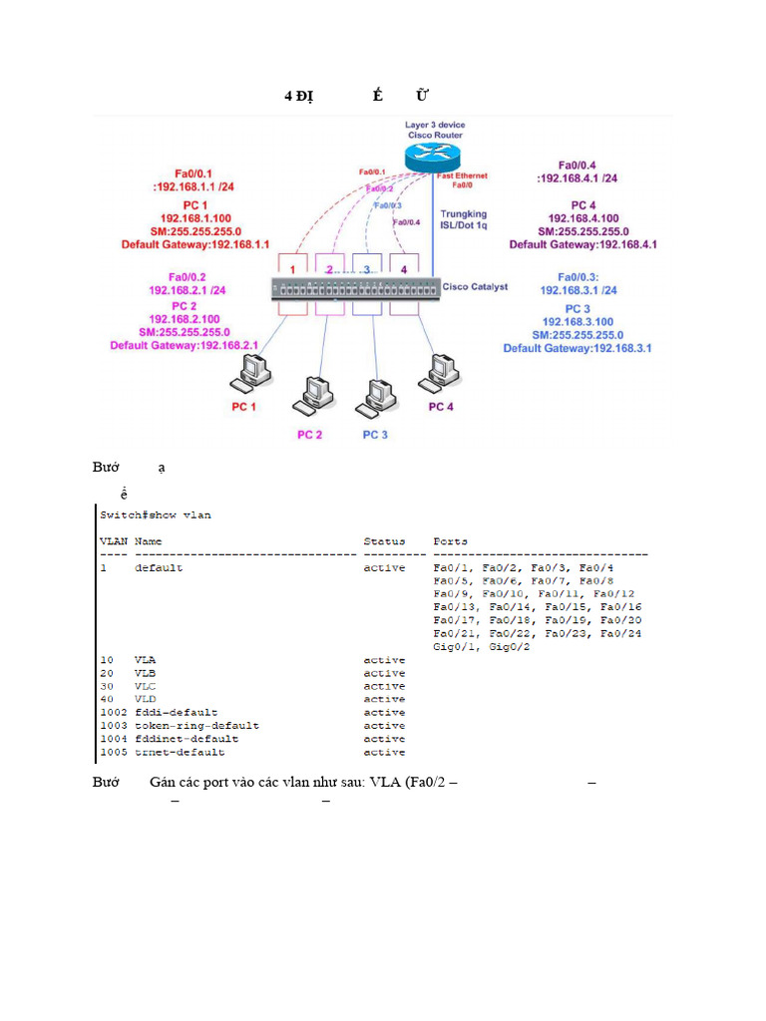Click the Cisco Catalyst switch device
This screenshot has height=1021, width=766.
click(x=356, y=288)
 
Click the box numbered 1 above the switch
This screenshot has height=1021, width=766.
click(x=293, y=268)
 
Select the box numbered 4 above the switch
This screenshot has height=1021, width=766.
click(x=404, y=268)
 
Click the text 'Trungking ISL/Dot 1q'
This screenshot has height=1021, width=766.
click(x=464, y=219)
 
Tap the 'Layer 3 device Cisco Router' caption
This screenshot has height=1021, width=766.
click(x=434, y=130)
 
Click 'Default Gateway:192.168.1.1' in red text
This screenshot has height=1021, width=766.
click(x=195, y=244)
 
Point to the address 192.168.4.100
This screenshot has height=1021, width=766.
click(x=583, y=218)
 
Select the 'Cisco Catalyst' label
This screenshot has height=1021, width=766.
click(x=475, y=287)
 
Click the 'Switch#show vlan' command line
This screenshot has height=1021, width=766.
click(x=156, y=515)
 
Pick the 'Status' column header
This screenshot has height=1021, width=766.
click(x=384, y=541)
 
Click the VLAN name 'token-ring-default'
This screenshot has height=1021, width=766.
click(x=196, y=726)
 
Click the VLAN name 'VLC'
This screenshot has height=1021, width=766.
click(x=146, y=686)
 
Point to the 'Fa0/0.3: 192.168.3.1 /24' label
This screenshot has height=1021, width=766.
click(x=578, y=283)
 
